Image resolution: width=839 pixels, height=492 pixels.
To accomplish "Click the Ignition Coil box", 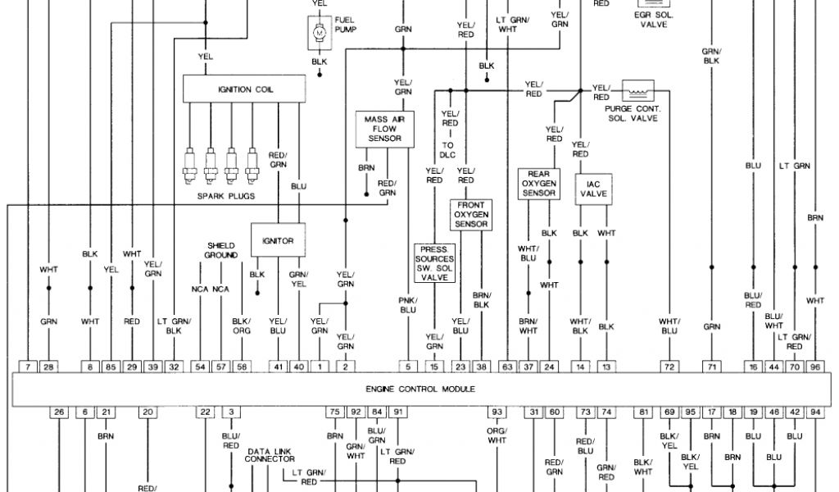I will [x=246, y=89].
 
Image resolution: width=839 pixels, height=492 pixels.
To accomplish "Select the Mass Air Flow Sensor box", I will [x=384, y=129].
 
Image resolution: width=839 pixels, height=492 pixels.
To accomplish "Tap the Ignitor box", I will [x=278, y=241].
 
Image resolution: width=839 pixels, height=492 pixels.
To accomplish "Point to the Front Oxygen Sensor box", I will [x=470, y=214].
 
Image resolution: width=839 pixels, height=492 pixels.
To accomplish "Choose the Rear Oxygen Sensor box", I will [x=537, y=184].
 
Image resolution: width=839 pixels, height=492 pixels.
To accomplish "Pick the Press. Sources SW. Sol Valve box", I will [x=434, y=263].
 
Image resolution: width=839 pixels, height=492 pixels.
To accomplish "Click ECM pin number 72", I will [x=669, y=367].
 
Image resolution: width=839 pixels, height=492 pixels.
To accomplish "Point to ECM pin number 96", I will [x=815, y=367].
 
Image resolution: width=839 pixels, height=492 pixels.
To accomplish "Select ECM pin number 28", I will [x=48, y=367].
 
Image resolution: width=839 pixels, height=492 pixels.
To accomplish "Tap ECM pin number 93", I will [x=497, y=412].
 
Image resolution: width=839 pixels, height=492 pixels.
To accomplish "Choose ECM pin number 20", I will [x=147, y=412].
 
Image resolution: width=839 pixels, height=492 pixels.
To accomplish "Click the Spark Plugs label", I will [x=226, y=197].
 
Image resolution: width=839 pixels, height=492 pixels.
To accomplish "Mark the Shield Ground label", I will [x=220, y=250].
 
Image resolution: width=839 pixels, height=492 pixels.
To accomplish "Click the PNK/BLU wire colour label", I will [x=407, y=305].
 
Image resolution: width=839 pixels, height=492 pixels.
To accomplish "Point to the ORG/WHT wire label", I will [x=497, y=435].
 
